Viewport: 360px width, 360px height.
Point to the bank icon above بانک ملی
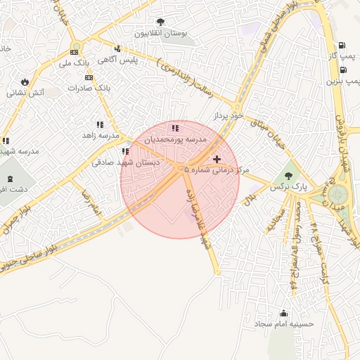tap(75, 52)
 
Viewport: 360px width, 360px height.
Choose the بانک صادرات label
tap(90, 88)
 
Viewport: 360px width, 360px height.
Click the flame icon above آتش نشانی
tap(26, 82)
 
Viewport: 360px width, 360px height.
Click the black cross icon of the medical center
tap(217, 160)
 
